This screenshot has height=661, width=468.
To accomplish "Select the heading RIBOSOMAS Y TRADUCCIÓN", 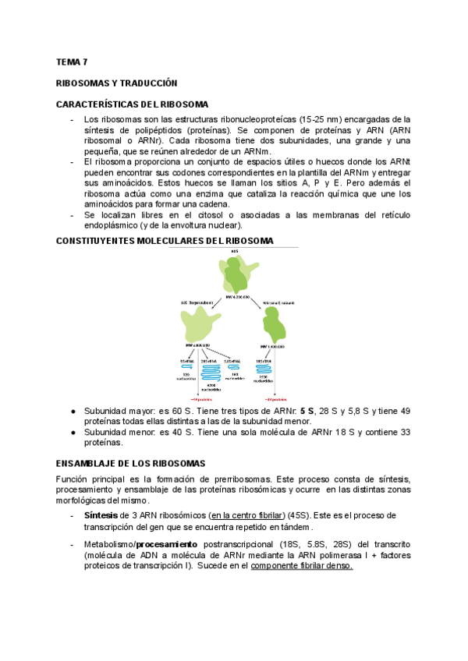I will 117,82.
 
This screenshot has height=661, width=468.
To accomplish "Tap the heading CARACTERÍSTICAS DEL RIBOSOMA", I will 133,104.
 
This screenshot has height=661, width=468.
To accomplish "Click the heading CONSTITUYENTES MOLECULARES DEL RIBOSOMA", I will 165,241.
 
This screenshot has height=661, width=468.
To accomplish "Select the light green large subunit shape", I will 200,322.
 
